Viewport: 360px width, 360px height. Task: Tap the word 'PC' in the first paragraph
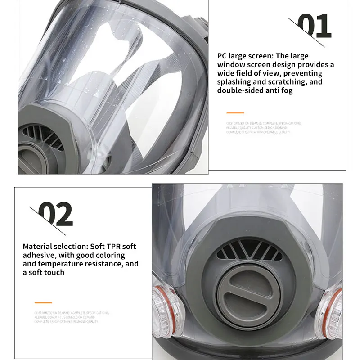(x=222, y=56)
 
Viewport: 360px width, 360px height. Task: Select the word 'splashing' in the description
(x=234, y=82)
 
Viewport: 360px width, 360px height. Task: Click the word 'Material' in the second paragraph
(x=38, y=247)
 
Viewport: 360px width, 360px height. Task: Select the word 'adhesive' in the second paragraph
(x=39, y=255)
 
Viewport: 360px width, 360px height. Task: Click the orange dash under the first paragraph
(x=235, y=113)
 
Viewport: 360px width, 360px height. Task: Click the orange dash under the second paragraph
(x=43, y=303)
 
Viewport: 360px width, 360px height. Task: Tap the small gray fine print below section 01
(x=264, y=128)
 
